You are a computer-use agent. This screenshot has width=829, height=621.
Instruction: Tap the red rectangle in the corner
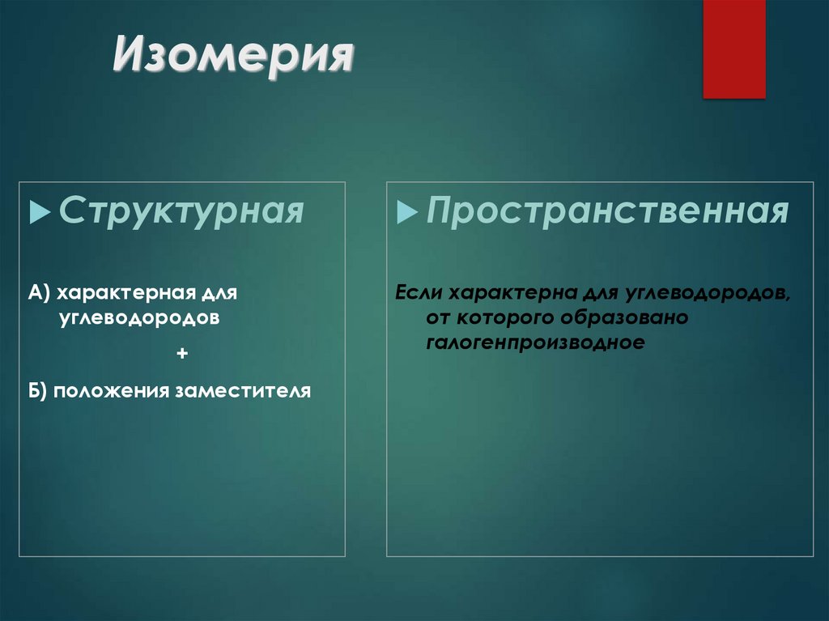(733, 49)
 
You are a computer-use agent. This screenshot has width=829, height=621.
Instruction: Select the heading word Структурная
(181, 211)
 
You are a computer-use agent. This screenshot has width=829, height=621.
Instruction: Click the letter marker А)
(40, 291)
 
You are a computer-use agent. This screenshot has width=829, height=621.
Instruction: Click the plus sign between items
(181, 353)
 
